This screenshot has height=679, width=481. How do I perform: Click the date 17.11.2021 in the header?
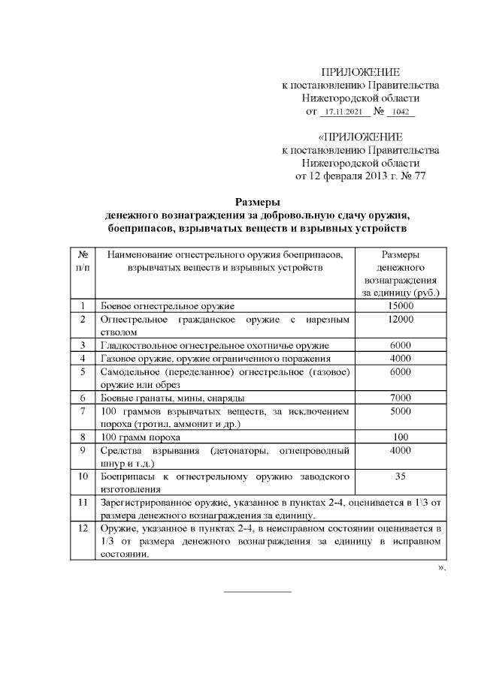[x=341, y=112]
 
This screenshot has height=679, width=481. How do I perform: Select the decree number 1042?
[x=401, y=112]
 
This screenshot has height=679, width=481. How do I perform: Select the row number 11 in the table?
[x=83, y=502]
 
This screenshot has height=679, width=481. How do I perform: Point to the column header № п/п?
[x=83, y=261]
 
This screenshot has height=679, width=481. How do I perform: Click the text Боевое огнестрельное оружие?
[x=168, y=306]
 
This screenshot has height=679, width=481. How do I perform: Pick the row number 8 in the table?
[x=83, y=437]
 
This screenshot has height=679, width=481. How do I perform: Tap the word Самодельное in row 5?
[x=129, y=371]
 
